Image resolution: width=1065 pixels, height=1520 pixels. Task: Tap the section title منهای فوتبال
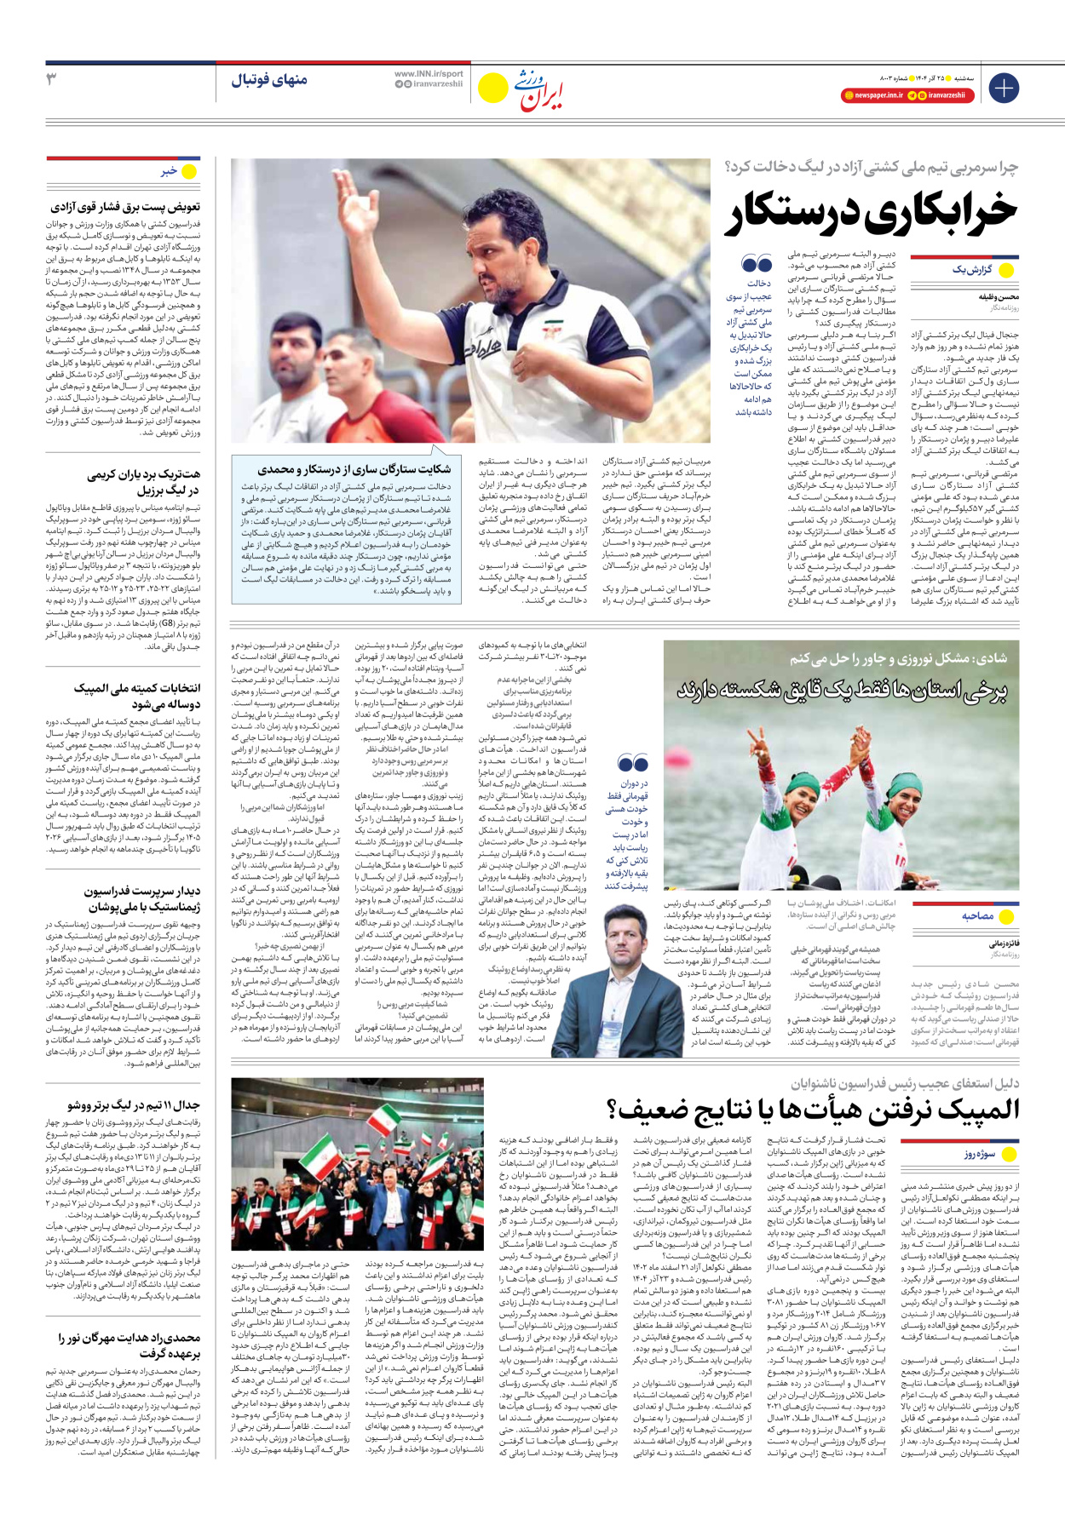click(269, 80)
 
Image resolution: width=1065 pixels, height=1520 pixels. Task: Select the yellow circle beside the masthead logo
click(492, 88)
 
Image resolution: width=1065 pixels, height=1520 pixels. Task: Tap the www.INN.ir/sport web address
click(429, 74)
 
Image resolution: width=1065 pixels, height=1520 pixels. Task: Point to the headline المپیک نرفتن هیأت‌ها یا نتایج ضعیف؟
click(814, 1110)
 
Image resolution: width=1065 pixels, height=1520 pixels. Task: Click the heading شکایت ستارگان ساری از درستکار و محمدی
click(354, 468)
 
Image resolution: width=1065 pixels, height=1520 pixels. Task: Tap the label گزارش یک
click(971, 270)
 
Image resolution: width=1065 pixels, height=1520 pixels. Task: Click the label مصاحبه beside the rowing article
click(977, 916)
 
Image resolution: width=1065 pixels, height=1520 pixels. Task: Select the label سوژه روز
click(979, 1154)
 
